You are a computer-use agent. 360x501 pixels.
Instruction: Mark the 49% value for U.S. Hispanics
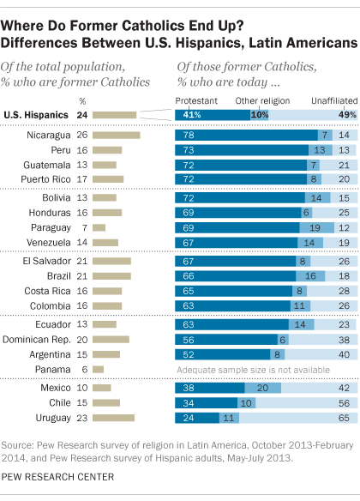(x=342, y=114)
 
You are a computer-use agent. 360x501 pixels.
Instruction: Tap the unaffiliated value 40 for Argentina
(x=343, y=353)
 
